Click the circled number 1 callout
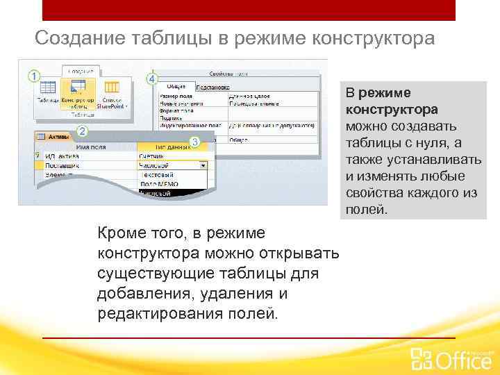pyautogui.click(x=33, y=74)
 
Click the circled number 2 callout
pyautogui.click(x=82, y=131)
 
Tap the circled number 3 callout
pyautogui.click(x=195, y=142)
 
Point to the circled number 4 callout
pyautogui.click(x=152, y=78)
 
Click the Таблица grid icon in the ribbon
pyautogui.click(x=47, y=88)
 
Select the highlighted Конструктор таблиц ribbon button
pyautogui.click(x=78, y=92)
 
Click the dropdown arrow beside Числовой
pyautogui.click(x=203, y=166)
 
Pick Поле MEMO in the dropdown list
pyautogui.click(x=160, y=184)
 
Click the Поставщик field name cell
pyautogui.click(x=62, y=166)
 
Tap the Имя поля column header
pyautogui.click(x=91, y=147)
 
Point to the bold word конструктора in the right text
pyautogui.click(x=392, y=110)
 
